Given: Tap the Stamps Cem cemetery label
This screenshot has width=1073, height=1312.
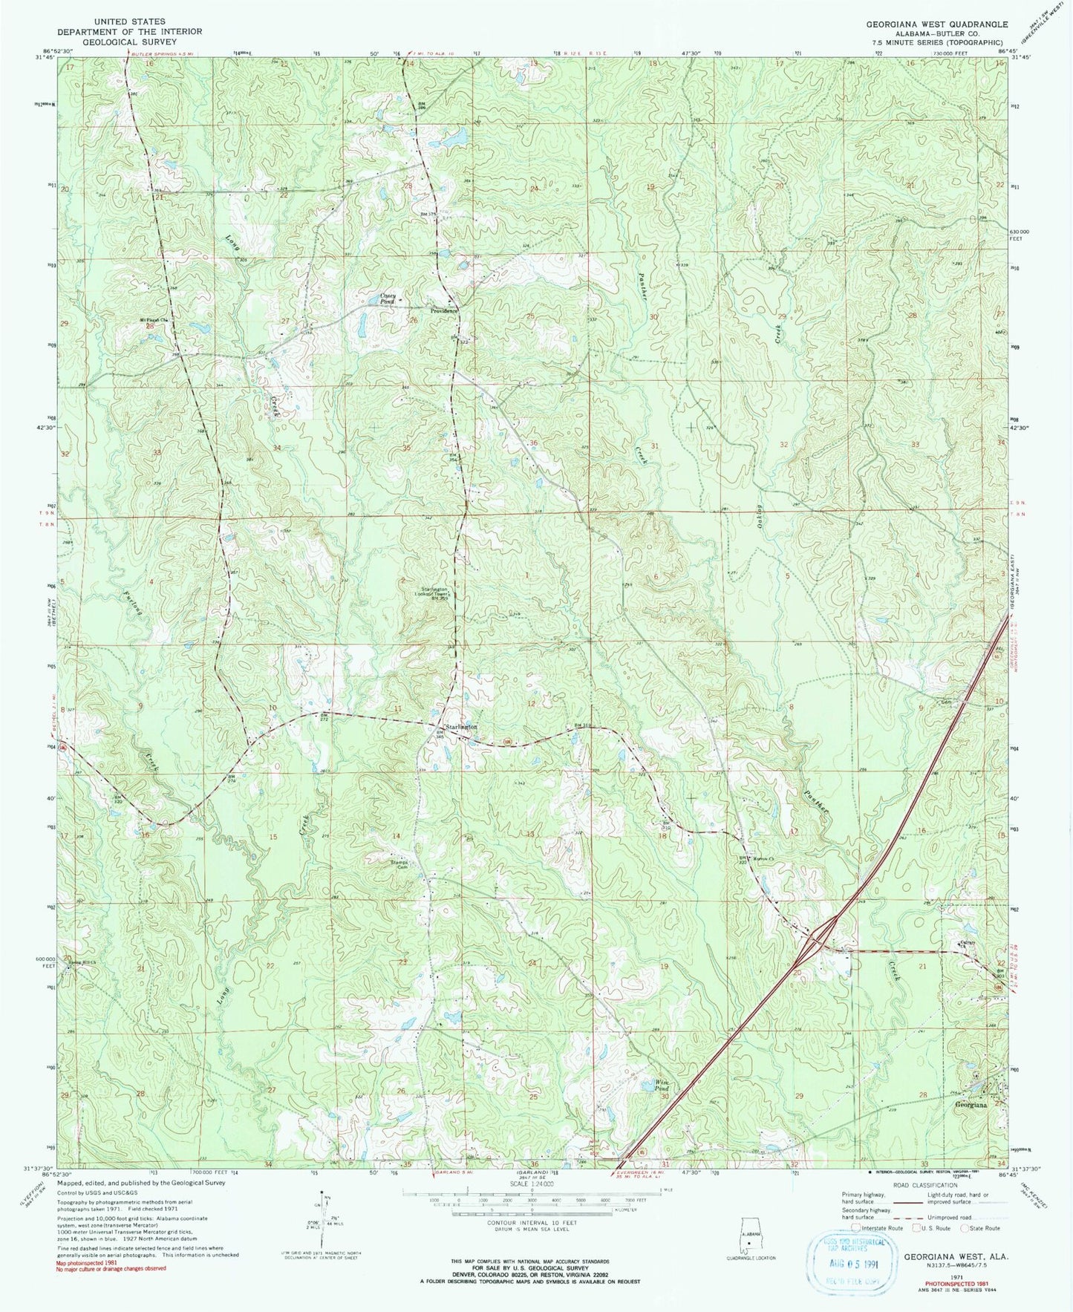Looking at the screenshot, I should [x=404, y=864].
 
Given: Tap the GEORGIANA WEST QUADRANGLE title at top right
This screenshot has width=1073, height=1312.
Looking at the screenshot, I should [x=936, y=25].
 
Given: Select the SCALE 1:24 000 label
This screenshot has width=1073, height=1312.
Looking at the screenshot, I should [x=532, y=1184].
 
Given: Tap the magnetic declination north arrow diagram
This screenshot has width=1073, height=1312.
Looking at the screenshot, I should [x=324, y=1217].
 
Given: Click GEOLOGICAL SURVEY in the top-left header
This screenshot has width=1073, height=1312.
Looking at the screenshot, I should [x=129, y=42].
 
